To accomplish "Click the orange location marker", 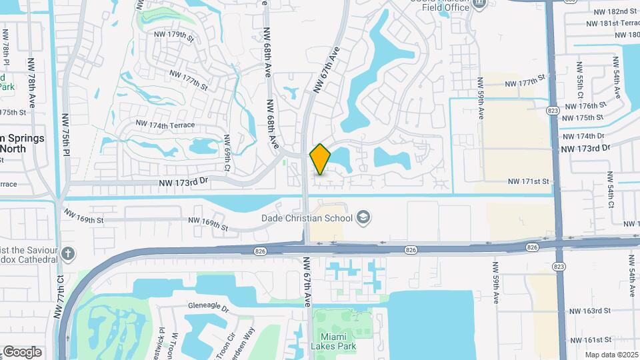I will tap(320, 159).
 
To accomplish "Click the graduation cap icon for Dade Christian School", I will tap(363, 217).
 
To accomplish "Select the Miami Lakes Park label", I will tap(333, 341).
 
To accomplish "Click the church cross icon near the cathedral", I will tap(69, 253).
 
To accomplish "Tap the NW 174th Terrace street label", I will tap(165, 124).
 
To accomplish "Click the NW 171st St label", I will tap(528, 181).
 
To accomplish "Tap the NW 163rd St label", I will tap(590, 311).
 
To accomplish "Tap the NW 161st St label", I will tap(590, 339).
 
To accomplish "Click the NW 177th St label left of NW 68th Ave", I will tap(189, 81).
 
